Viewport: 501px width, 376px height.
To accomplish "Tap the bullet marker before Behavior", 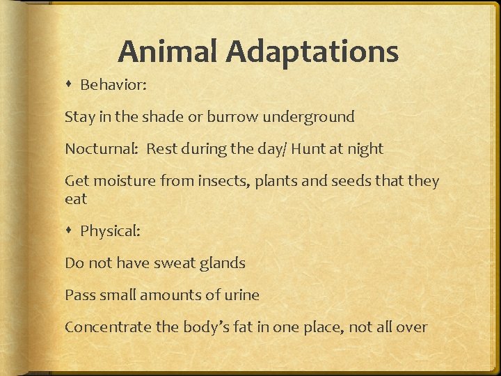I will point(71,85).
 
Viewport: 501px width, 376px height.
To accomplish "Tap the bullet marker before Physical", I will point(71,231).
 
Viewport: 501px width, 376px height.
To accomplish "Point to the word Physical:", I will point(111,231).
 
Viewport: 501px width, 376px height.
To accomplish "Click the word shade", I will point(161,117).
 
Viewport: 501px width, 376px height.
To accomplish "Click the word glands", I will point(222,264).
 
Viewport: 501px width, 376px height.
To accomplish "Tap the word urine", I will point(241,295).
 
